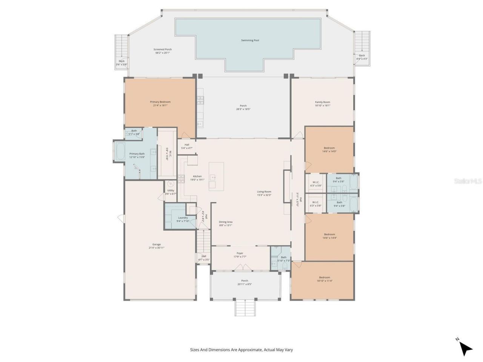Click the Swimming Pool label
point(250,40)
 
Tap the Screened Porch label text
point(163,51)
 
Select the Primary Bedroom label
point(160,104)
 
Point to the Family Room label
point(323,104)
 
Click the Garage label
point(156,246)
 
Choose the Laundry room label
point(183,219)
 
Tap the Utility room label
point(171,192)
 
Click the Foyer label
point(240,255)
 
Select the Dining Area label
point(226,224)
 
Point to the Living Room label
point(264,193)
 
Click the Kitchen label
point(198,178)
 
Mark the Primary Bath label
point(137,155)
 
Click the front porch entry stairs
point(246,308)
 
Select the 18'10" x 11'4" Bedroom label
point(324,279)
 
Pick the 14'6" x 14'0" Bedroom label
point(329,149)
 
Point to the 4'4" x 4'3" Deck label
point(362,57)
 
